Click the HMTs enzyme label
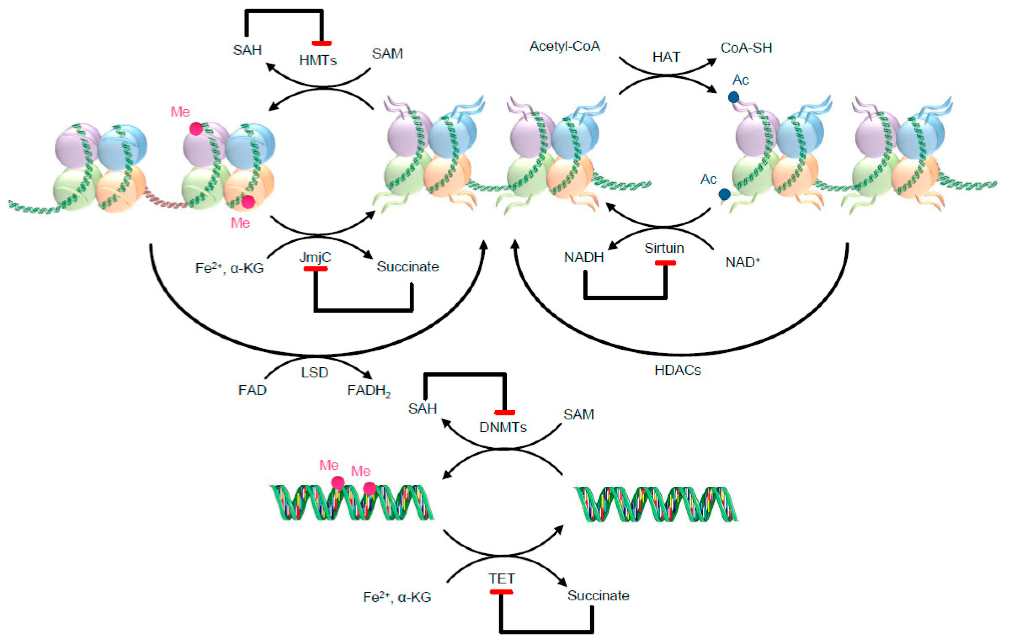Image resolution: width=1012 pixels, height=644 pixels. pos(318,61)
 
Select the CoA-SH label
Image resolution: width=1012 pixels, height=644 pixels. pos(746,48)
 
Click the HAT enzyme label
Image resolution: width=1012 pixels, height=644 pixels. pos(666,57)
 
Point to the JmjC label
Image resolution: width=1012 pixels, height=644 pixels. pos(315,257)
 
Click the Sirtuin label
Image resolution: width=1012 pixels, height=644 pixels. pos(664,248)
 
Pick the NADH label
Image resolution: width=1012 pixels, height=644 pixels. pos(584,257)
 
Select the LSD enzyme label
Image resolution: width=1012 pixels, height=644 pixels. pos(314,373)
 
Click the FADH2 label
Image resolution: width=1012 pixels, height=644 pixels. pos(369,391)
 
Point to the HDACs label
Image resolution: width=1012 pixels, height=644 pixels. pos(678,370)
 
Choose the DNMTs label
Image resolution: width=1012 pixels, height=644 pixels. pos(503,427)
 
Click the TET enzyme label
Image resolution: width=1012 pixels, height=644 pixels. pos(502,579)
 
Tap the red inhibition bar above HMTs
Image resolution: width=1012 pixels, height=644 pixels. pos(322,43)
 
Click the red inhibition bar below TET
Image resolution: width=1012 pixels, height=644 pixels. pos(501,592)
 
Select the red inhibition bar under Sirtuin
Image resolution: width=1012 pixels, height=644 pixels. pos(665,263)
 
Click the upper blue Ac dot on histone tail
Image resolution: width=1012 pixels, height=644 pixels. pos(734,97)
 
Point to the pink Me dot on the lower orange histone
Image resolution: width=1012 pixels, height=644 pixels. pos(248,202)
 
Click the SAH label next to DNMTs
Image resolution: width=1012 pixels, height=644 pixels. pos(422,408)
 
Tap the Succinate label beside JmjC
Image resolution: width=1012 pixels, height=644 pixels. pos(408,267)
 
